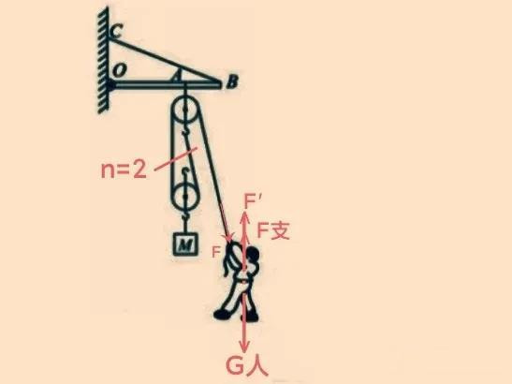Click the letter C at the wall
(x=115, y=32)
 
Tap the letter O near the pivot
(x=119, y=70)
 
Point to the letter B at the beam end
(x=232, y=81)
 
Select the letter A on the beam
(x=176, y=77)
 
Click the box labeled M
(x=185, y=244)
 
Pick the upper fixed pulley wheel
(x=184, y=110)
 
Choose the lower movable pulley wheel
(x=185, y=197)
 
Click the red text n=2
(x=124, y=170)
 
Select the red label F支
(x=273, y=230)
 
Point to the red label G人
(x=247, y=367)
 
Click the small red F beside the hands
(x=216, y=252)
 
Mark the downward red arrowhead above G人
(x=244, y=346)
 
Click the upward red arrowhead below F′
(x=244, y=218)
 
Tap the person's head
(x=253, y=254)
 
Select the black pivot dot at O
(x=110, y=85)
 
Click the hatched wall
(x=103, y=61)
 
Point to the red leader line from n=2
(x=175, y=159)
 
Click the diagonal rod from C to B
(x=165, y=61)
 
